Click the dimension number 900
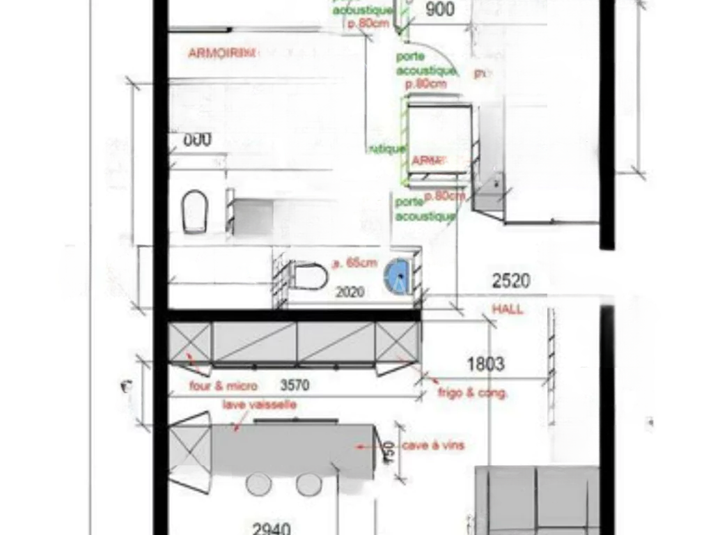coord(439,9)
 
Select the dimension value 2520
coord(511,281)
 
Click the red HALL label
coord(508,309)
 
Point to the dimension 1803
coord(485,364)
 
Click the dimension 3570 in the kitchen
coord(295,385)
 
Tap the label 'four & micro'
coord(223,386)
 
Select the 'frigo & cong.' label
coord(473,393)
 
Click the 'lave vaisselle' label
coord(260,405)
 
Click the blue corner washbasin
coord(400,276)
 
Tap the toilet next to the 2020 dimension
coord(310,275)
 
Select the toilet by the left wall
coord(196,212)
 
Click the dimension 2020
coord(350,293)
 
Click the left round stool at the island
coord(258,484)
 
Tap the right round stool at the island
coord(308,484)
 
